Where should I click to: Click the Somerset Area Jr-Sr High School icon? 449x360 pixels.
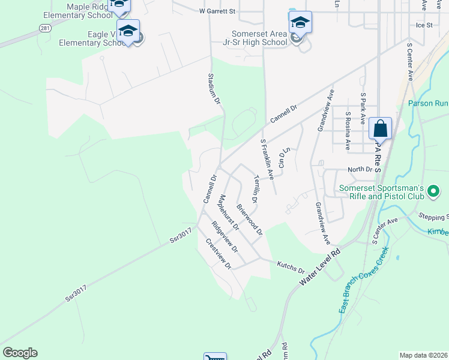[x=300, y=23]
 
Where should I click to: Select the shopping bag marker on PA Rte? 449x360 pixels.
[x=380, y=129]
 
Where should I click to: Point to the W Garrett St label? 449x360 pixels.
[x=217, y=11]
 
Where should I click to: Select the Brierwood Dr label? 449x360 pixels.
[x=250, y=219]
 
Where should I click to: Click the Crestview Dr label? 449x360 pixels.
[x=218, y=253]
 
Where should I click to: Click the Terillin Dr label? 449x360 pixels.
[x=256, y=188]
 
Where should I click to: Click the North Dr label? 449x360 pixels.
[x=360, y=170]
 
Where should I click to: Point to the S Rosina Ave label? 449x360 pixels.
[x=348, y=130]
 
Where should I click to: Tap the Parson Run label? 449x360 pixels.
[x=428, y=103]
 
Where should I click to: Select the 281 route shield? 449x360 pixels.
[x=46, y=28]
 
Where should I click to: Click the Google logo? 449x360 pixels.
[x=20, y=353]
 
